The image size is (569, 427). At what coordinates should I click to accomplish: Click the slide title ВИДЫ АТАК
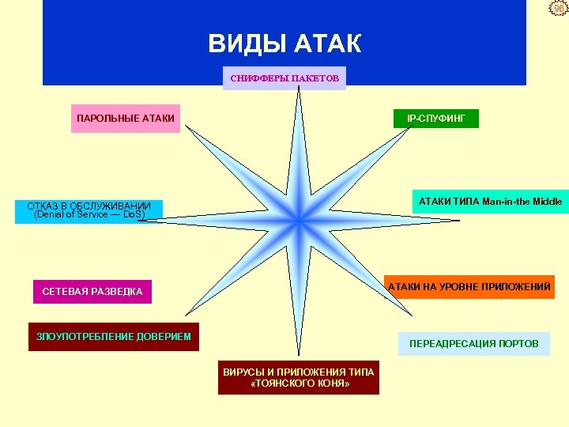coord(284,43)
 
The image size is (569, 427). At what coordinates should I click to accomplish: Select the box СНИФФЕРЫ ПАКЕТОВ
coord(284,78)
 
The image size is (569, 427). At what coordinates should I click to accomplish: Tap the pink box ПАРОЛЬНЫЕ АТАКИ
coord(126,119)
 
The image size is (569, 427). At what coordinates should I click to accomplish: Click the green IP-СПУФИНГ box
coord(436,118)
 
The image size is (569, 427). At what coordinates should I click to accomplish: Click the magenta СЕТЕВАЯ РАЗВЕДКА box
coord(92,292)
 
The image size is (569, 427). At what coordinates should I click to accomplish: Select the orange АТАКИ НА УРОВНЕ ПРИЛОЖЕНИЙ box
coord(469,286)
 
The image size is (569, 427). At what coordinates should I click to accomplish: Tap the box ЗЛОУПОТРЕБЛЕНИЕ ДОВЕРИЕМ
coord(114,337)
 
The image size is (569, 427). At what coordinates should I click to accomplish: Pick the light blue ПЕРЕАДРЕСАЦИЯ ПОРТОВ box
coord(474,343)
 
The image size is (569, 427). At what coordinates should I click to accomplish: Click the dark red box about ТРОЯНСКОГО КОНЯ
coord(299,377)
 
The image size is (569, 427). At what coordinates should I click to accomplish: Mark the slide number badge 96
coord(558,9)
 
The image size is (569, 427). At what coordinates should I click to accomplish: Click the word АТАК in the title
coord(327,43)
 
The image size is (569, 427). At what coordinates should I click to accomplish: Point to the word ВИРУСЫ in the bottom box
coord(243,372)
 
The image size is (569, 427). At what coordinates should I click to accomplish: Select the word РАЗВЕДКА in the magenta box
coord(116,292)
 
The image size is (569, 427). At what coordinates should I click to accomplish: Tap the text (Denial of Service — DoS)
coord(90,215)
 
